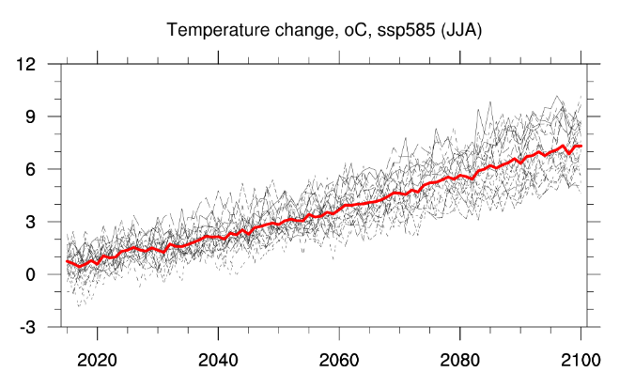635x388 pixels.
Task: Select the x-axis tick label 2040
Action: (x=218, y=359)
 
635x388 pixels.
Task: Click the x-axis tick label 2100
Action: (x=581, y=359)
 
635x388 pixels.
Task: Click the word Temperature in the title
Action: (x=216, y=30)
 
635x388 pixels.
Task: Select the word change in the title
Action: (x=304, y=30)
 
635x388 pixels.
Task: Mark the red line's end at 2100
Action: (x=581, y=147)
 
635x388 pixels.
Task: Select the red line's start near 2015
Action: (x=67, y=261)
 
